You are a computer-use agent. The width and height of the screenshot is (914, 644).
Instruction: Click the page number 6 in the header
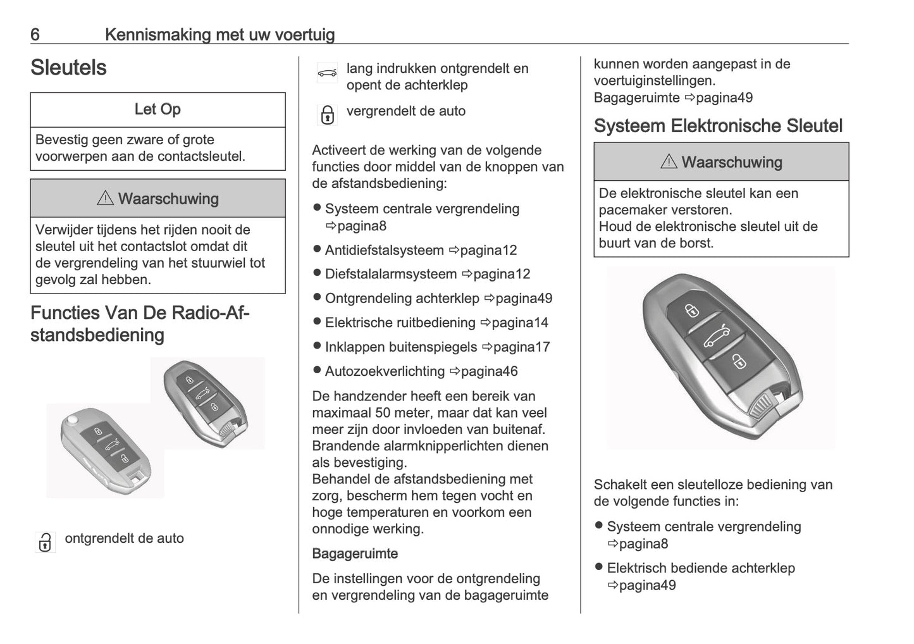35,34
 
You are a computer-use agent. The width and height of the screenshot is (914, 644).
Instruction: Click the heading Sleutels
68,68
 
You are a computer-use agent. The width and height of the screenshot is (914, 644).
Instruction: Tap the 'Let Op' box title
157,109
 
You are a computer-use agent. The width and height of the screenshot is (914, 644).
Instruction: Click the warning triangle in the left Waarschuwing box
105,199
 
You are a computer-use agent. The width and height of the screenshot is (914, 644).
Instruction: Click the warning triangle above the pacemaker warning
669,162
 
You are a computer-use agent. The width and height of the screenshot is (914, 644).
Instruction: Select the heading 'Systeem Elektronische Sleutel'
718,126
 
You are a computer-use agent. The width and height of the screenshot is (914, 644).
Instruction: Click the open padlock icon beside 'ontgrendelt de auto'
45,542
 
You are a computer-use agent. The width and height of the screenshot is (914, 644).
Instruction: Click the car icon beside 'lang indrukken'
327,73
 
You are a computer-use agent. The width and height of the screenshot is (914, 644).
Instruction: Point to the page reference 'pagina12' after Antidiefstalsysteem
488,251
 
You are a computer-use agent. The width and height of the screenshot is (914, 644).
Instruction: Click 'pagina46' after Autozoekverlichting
489,371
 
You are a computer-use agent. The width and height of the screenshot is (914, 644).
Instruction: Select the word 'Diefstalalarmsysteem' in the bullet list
391,275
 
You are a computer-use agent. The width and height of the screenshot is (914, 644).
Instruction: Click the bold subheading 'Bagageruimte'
355,554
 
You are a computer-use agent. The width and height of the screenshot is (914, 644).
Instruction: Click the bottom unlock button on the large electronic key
738,361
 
